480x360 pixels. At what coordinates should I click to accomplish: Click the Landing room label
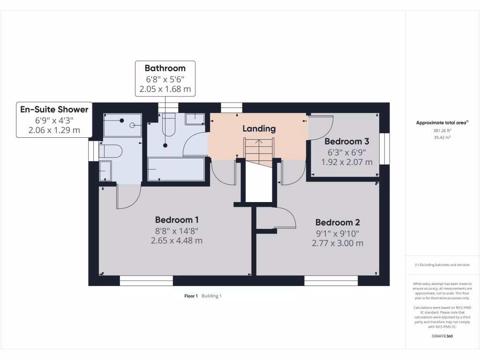coord(259,128)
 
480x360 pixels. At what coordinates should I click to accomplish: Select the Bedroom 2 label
coord(337,223)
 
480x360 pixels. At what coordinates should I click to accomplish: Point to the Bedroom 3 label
coord(346,141)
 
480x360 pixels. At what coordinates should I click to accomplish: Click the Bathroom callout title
coord(165,68)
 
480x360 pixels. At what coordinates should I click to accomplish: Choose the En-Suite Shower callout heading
coord(54,110)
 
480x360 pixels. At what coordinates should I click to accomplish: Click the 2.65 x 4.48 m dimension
coord(177,241)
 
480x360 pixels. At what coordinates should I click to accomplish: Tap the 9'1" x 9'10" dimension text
coord(337,233)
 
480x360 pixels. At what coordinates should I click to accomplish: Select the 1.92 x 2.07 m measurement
coord(347,162)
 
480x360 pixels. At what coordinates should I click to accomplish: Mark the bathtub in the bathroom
coord(176,169)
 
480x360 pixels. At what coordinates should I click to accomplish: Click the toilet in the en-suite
coord(111,151)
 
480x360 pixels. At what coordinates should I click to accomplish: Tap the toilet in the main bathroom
coord(168,125)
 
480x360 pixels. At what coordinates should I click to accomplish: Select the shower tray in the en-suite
coord(122,125)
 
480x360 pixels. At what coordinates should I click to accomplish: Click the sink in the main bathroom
coord(194,119)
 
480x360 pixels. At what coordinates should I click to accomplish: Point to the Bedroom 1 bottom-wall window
coord(146,281)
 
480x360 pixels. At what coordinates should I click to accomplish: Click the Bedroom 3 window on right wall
coord(384,149)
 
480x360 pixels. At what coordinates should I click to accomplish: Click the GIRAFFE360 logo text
coord(442,336)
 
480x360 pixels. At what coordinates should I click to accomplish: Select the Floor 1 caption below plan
coord(191,296)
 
